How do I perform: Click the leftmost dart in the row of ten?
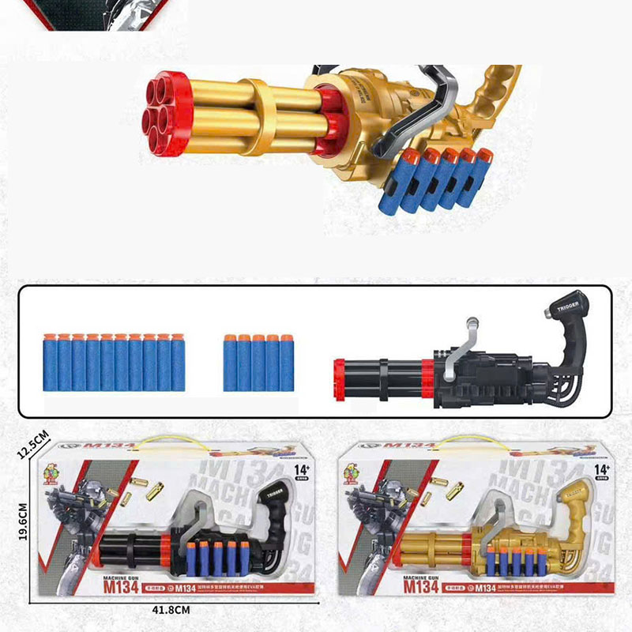[50, 363]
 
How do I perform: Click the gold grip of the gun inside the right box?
[574, 506]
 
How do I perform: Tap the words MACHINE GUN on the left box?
[114, 576]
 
